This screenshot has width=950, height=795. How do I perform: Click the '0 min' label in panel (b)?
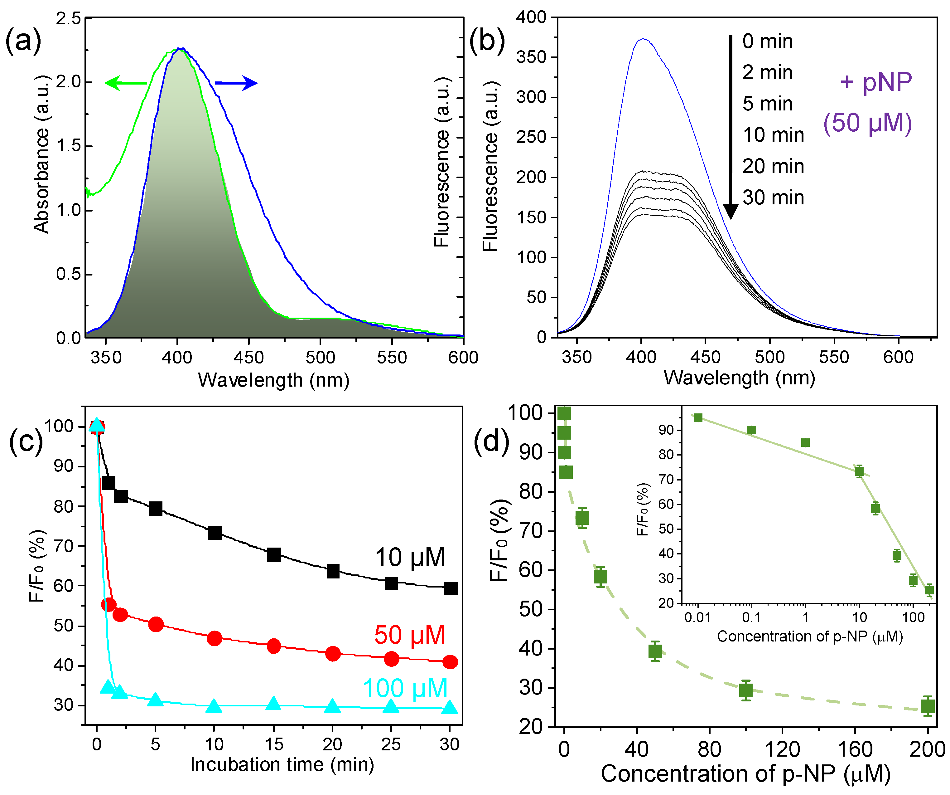[767, 41]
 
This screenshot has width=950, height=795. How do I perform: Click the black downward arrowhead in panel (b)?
[730, 211]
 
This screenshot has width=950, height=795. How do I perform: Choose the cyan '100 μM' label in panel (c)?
[405, 689]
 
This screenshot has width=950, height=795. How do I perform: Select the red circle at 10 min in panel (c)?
[215, 639]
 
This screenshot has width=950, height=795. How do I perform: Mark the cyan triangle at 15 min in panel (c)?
[273, 703]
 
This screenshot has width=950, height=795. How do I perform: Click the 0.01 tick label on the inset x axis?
[697, 617]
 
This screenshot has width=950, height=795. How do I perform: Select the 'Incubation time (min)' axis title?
[282, 765]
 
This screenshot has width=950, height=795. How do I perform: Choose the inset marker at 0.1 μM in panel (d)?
[751, 430]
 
